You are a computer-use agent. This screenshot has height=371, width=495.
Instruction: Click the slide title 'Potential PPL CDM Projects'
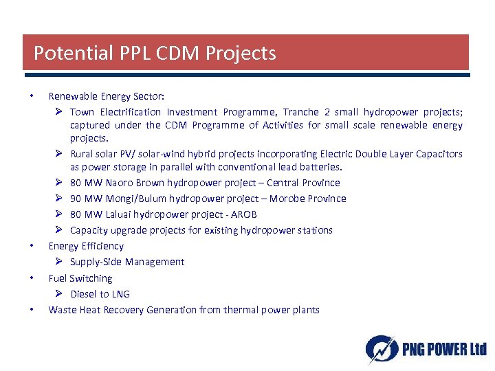(155, 53)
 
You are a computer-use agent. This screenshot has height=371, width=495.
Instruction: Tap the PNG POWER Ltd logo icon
(379, 349)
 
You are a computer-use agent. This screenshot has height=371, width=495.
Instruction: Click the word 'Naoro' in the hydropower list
(121, 183)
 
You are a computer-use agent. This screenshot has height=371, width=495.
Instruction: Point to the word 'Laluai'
(122, 214)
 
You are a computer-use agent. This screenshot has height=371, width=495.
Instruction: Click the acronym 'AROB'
(243, 214)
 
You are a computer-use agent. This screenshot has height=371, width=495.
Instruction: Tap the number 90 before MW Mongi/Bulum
(76, 199)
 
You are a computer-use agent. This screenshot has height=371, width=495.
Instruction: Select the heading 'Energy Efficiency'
(86, 246)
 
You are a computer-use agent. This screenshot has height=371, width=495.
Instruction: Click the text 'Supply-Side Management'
(127, 262)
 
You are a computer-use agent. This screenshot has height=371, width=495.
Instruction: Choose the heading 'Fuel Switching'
(80, 278)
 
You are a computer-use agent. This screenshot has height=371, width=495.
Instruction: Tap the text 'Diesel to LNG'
(100, 294)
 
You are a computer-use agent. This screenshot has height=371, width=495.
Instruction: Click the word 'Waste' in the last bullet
(62, 310)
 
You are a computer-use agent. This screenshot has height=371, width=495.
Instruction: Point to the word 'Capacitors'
(439, 154)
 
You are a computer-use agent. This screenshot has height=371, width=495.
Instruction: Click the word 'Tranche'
(301, 111)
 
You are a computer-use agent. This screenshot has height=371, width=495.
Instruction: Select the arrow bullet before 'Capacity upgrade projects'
(60, 230)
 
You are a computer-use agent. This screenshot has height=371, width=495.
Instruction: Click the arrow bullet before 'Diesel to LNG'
(60, 294)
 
